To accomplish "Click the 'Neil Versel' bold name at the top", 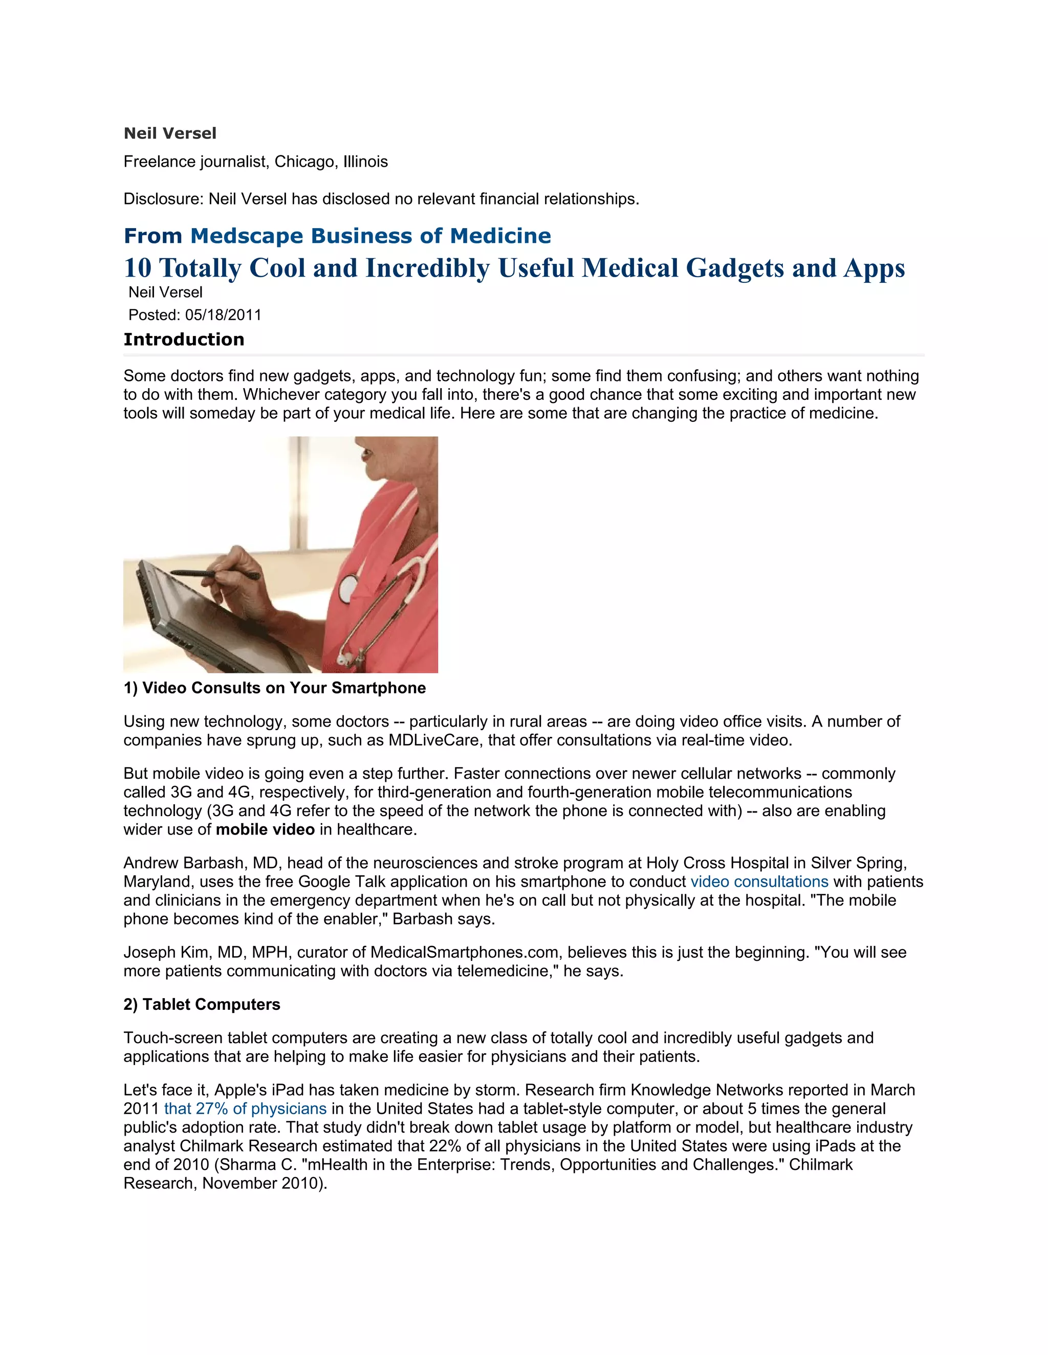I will [169, 133].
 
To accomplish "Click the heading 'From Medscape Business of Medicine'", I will [337, 236].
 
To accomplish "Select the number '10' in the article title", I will [137, 268].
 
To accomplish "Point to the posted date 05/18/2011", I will [223, 315].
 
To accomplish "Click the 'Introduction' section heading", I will [184, 340].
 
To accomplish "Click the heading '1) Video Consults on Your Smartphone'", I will [274, 688].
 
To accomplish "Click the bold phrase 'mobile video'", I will [265, 829].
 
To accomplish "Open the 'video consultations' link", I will [759, 882].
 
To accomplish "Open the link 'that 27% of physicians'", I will [245, 1109].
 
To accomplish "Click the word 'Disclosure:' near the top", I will [163, 199].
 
